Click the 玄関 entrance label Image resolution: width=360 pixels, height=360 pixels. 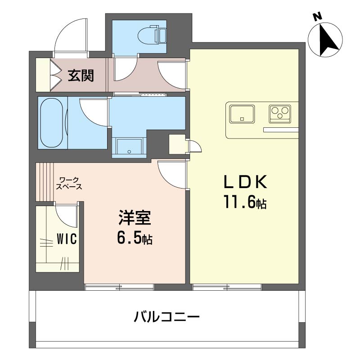(x=81, y=75)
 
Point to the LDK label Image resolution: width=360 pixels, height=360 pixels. (x=246, y=183)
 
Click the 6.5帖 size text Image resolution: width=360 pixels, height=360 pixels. (x=135, y=239)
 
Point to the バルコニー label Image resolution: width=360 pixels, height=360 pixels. (x=166, y=318)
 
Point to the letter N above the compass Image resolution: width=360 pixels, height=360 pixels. (x=317, y=17)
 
